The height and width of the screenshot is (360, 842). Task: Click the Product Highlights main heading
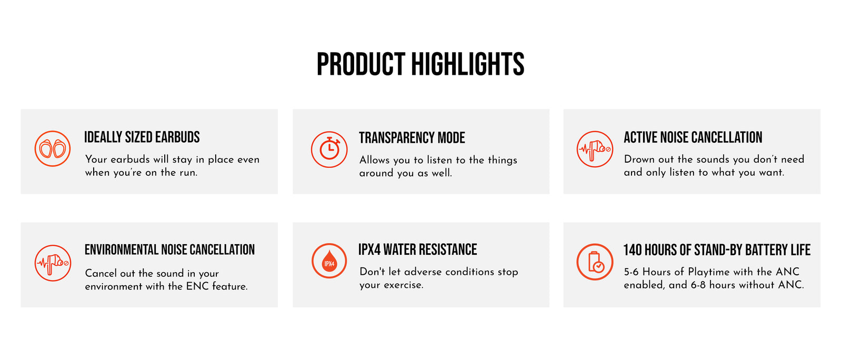(x=420, y=64)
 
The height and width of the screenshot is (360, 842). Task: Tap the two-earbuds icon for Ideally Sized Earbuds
(x=53, y=149)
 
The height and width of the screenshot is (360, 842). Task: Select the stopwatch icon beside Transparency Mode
(x=329, y=149)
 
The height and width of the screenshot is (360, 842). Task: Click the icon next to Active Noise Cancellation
(x=595, y=149)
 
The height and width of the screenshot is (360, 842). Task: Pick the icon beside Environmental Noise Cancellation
(x=53, y=263)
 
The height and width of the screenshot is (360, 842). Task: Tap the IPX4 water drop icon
(x=329, y=261)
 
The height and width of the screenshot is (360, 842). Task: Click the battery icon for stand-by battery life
(x=595, y=262)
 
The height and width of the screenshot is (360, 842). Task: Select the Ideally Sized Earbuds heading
(x=142, y=137)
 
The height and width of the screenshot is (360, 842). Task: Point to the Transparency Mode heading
(x=412, y=138)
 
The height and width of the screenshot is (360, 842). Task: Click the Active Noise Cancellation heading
(x=693, y=137)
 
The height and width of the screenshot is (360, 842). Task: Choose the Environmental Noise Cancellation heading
(x=169, y=250)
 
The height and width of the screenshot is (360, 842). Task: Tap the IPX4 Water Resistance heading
(x=418, y=249)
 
